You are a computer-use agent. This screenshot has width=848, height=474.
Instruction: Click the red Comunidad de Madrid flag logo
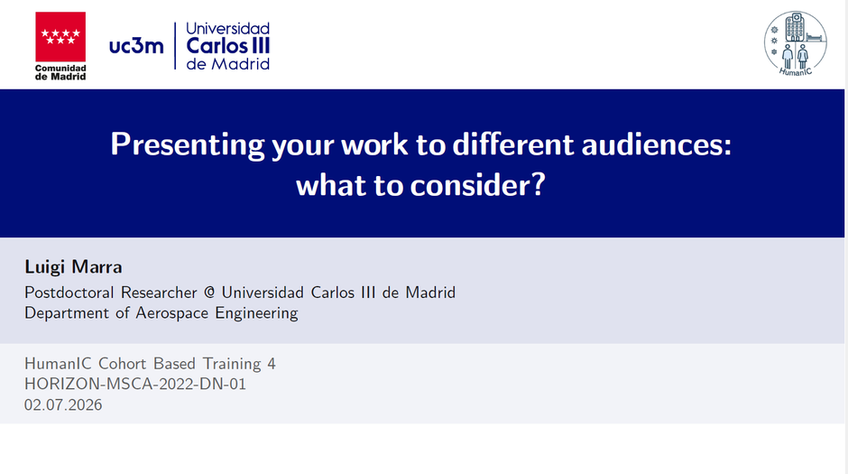(x=60, y=37)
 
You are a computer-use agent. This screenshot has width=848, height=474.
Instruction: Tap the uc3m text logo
(x=136, y=45)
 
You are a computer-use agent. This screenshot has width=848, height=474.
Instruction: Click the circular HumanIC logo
(x=795, y=43)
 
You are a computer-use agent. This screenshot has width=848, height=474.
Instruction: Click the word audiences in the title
(x=657, y=144)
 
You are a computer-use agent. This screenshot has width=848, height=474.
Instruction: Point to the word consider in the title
(x=477, y=185)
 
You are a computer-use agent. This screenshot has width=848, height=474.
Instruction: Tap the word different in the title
(x=512, y=144)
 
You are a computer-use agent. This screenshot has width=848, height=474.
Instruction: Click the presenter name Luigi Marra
(x=74, y=266)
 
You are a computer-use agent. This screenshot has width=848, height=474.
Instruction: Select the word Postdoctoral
(x=69, y=293)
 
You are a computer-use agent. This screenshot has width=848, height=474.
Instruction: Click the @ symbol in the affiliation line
(x=209, y=293)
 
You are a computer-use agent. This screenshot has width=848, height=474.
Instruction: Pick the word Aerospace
(x=172, y=313)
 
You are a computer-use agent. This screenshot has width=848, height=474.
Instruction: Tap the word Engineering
(x=256, y=313)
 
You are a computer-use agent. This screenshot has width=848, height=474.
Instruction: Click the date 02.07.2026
(x=63, y=404)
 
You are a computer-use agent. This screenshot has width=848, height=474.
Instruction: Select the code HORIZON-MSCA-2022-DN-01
(x=135, y=385)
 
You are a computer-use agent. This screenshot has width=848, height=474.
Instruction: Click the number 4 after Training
(x=272, y=364)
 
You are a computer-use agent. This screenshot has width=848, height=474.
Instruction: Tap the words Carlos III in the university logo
(x=227, y=46)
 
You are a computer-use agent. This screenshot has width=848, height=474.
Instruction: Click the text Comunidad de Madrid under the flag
(x=60, y=72)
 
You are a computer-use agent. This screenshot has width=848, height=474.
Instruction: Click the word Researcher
(x=159, y=293)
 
